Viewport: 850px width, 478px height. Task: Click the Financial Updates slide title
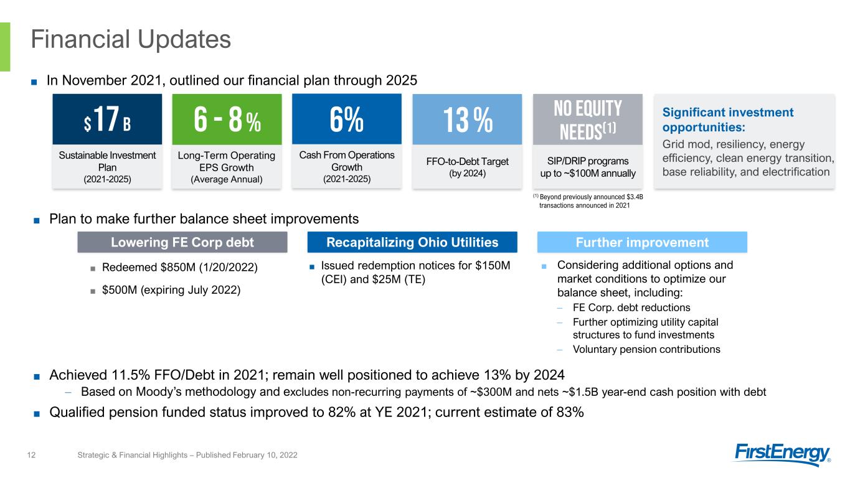coord(131,39)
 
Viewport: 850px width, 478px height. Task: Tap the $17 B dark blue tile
coord(107,119)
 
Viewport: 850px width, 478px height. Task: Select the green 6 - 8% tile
coord(227,119)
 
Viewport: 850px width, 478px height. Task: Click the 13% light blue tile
coord(467,119)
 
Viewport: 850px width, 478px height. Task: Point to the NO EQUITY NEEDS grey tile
coord(588,119)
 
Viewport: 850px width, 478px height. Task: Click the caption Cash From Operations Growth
coord(347,161)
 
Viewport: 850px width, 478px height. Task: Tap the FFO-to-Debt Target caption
coord(467,162)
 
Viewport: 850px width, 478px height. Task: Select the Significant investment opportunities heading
coord(728,119)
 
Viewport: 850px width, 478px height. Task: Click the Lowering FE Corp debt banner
coord(182,242)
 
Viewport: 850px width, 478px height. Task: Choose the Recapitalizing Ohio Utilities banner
coord(412,242)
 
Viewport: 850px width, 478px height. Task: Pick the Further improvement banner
coord(642,242)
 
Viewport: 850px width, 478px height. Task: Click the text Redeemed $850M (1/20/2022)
coord(180,268)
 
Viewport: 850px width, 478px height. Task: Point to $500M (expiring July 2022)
coord(171,290)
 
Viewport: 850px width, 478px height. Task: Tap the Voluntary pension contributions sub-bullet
coord(646,349)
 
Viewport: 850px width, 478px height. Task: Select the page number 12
coord(31,455)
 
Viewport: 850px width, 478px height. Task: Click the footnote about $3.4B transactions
coord(588,201)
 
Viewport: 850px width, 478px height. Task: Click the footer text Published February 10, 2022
coord(247,455)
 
